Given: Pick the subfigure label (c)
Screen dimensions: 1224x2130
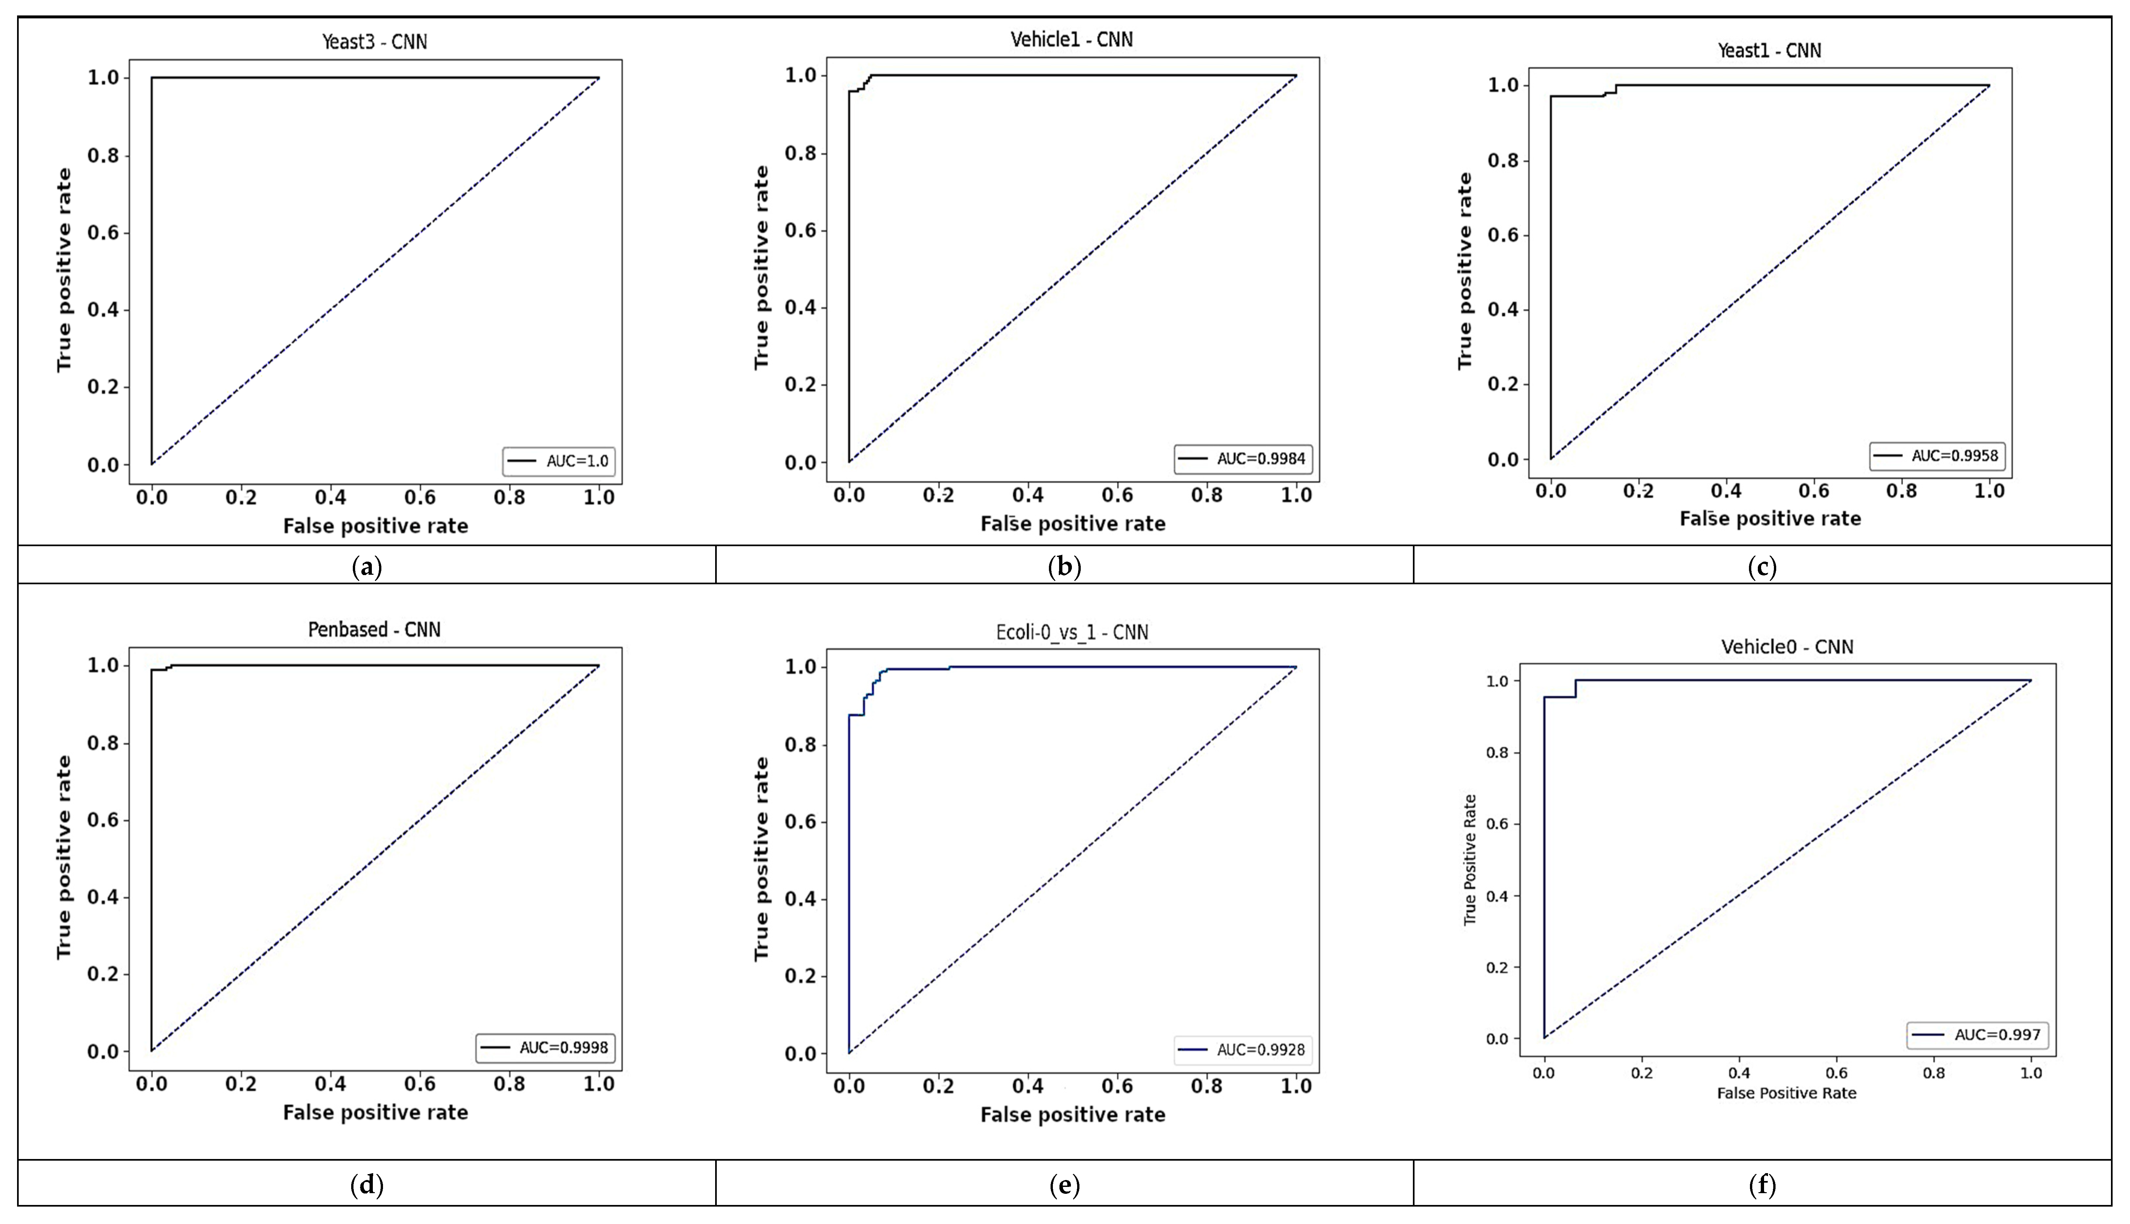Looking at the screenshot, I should (1762, 568).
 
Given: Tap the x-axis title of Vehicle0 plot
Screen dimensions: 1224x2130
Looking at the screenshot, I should (1786, 1093).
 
